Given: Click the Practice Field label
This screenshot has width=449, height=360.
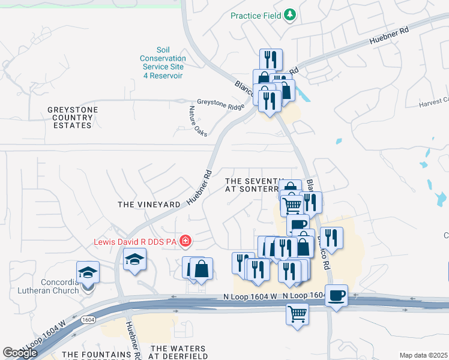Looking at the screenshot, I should tap(256, 15).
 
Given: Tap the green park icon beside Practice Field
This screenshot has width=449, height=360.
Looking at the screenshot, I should tap(291, 14).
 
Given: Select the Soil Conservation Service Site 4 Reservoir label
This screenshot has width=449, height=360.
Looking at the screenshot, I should tap(163, 62).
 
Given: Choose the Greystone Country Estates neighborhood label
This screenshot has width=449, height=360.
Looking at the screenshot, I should tap(73, 118).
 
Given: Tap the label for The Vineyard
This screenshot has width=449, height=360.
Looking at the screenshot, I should tap(149, 205).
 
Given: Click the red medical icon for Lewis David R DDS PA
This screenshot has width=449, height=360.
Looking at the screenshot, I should tap(185, 242).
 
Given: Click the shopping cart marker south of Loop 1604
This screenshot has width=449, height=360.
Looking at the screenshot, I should tap(297, 313).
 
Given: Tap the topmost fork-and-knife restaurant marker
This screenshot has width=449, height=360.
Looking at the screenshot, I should tap(271, 59).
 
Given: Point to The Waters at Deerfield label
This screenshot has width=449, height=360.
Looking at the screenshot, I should tap(178, 352).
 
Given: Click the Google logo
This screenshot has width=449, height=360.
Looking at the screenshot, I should tap(20, 353).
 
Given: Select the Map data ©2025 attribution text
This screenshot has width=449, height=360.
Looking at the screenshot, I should tap(423, 355).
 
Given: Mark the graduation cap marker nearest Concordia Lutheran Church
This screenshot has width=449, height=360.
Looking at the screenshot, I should tap(88, 272).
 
